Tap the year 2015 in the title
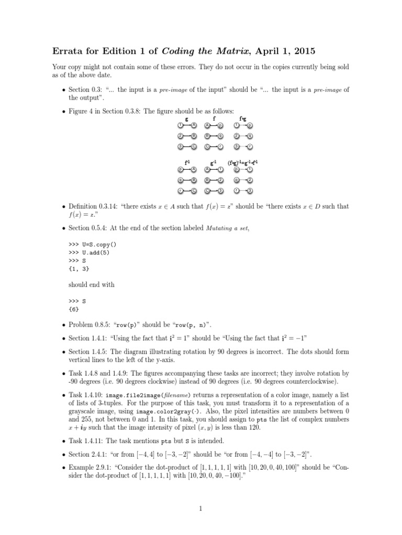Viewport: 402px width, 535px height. click(301, 50)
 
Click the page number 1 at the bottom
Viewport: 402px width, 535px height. click(200, 507)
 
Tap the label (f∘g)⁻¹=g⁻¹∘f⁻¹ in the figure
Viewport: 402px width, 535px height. click(243, 162)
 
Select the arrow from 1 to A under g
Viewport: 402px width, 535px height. click(187, 126)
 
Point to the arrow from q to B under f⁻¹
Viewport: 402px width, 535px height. click(187, 180)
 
